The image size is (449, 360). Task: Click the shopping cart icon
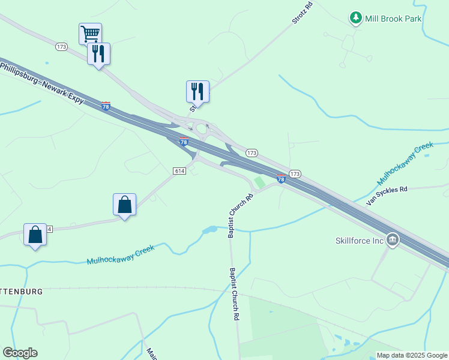90,34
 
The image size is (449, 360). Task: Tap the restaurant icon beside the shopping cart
98,54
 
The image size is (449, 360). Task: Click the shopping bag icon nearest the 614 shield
124,205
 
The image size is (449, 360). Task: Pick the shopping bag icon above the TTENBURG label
35,234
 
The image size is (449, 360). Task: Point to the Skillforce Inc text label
360,241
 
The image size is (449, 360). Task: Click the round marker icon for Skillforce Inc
393,241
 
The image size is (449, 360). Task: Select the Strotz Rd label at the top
303,13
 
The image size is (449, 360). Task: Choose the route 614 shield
179,171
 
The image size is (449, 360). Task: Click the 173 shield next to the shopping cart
61,47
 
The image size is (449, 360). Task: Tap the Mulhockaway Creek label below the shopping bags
121,255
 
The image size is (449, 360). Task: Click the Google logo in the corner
20,353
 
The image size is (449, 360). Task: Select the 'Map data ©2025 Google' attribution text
412,355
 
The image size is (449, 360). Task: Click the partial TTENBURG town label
22,291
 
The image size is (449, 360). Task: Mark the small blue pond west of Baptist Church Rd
210,230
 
